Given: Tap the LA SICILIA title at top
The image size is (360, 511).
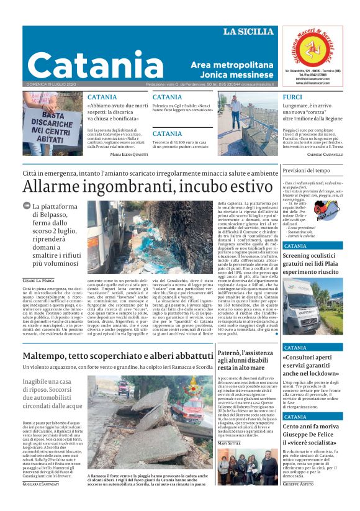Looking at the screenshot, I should pyautogui.click(x=248, y=32).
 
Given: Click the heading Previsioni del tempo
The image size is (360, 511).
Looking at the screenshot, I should pyautogui.click(x=306, y=170).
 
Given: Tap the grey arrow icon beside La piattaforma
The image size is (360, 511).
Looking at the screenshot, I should pyautogui.click(x=27, y=206).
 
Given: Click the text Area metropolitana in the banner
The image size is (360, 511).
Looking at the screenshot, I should pyautogui.click(x=232, y=65).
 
